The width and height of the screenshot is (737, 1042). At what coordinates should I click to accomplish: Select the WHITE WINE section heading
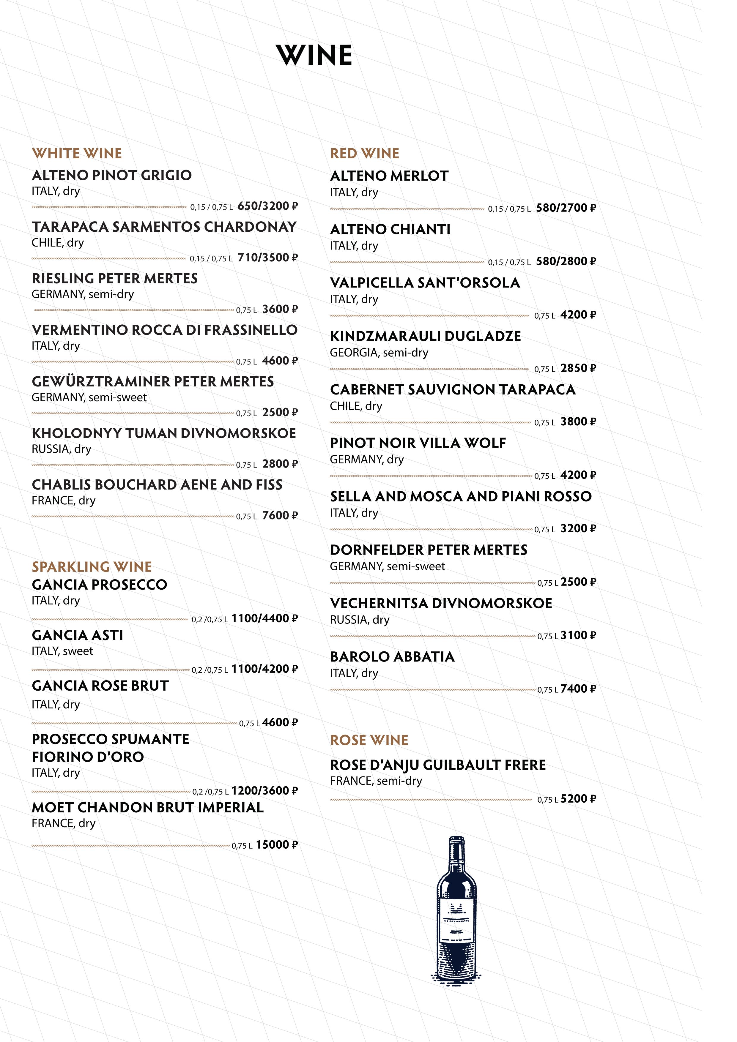tap(77, 153)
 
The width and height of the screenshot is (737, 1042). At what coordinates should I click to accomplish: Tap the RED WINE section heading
tap(365, 153)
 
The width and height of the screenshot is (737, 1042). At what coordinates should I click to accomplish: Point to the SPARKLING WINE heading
tap(92, 566)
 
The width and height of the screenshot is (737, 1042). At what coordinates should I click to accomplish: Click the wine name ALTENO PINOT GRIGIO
tap(112, 175)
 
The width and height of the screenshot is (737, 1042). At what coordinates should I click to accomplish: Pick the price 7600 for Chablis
tap(276, 516)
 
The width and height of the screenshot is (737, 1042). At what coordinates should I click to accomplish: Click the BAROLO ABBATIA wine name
tap(392, 657)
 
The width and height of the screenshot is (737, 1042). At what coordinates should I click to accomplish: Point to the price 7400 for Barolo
tap(574, 689)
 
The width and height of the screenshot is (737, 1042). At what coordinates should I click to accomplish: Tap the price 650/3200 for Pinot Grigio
tap(263, 206)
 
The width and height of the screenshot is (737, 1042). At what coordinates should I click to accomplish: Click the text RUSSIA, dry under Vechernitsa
tap(360, 620)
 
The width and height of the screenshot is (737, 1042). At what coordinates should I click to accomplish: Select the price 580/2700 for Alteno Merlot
tap(562, 208)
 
